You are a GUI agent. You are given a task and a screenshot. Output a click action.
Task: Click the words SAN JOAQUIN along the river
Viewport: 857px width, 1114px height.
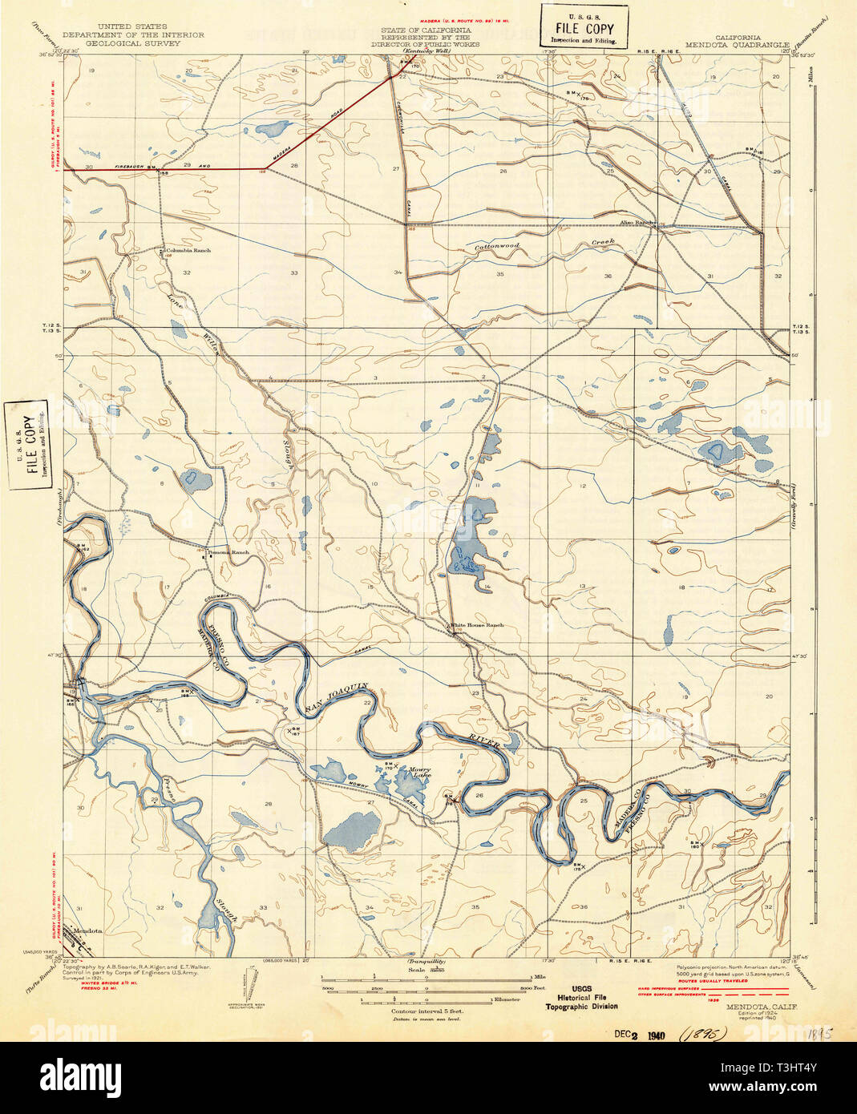pyautogui.click(x=335, y=698)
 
